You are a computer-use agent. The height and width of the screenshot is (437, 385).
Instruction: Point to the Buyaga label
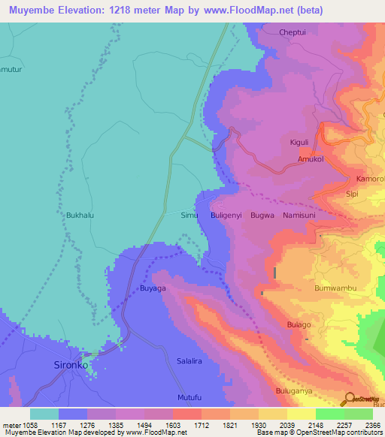(153, 288)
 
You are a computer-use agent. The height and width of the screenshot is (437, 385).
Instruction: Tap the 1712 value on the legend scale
(187, 424)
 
